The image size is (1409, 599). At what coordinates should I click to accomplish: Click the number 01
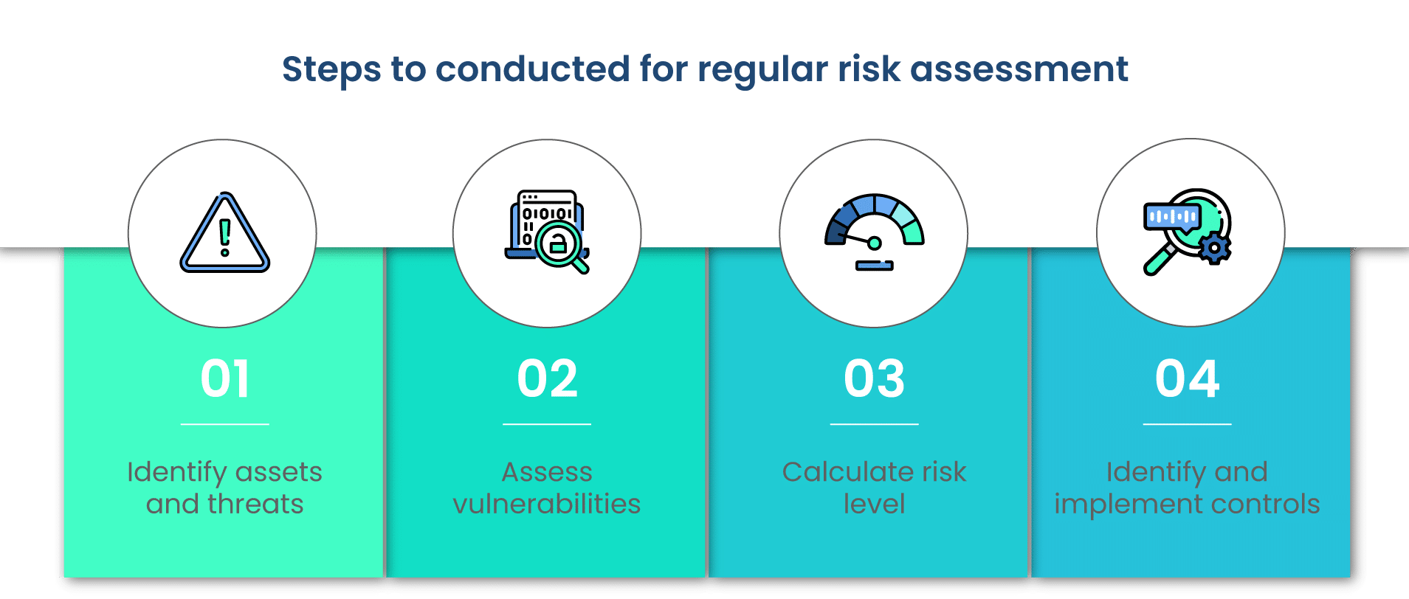coord(224,379)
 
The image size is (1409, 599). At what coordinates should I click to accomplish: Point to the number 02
coord(547,379)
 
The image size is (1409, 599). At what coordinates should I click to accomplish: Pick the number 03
coord(874,379)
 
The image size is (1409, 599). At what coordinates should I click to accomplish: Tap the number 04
coord(1187,379)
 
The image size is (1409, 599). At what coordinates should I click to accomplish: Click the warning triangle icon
coord(225,233)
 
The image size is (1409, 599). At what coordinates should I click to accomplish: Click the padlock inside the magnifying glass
coord(559,244)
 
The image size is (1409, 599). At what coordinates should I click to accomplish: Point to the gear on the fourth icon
coord(1214,248)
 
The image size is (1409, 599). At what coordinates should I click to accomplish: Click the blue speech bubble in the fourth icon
coord(1173,218)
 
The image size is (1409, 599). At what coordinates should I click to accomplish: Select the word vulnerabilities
coord(547,504)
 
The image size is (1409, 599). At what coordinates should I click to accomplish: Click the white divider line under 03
coord(874,424)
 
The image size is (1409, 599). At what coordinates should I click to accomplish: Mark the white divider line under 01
coord(224,424)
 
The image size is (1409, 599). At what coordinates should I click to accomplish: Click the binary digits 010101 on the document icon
coord(547,214)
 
